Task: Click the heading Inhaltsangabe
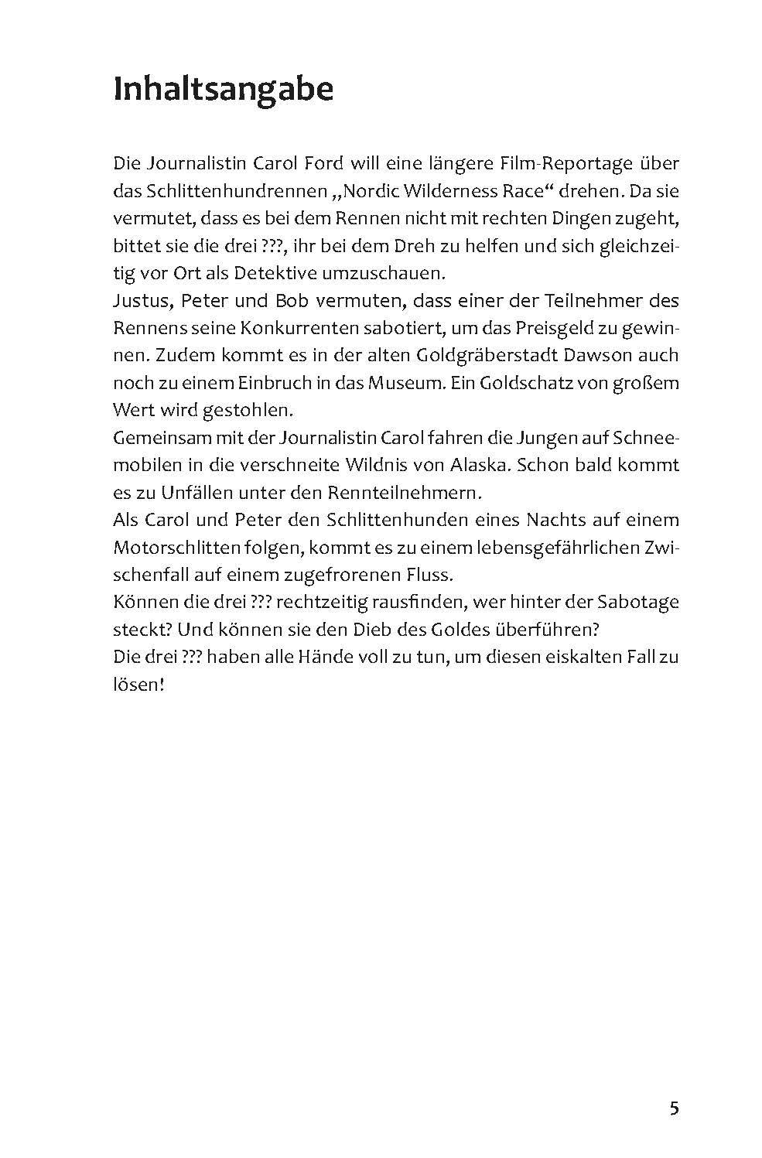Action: pos(223,91)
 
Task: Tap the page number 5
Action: pos(674,1087)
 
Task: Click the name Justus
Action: pos(139,301)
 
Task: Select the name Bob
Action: pos(285,301)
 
